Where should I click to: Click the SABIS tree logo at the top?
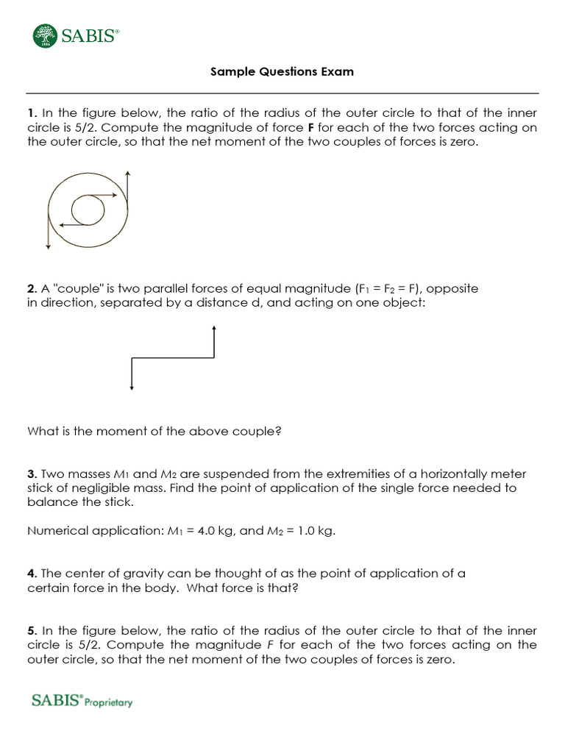[x=46, y=35]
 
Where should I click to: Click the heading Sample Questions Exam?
[x=282, y=71]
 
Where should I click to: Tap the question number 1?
[x=32, y=113]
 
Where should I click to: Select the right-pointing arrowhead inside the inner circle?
[x=116, y=195]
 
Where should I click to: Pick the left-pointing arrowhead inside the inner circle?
[x=60, y=224]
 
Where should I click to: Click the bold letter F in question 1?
[x=310, y=128]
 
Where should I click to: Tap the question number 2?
[x=32, y=289]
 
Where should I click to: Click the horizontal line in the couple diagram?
[x=172, y=358]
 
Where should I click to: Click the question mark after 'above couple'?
[x=279, y=432]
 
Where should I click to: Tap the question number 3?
[x=32, y=474]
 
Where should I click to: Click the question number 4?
[x=32, y=573]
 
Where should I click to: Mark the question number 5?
[x=32, y=630]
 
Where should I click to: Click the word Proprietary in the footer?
[x=109, y=702]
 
